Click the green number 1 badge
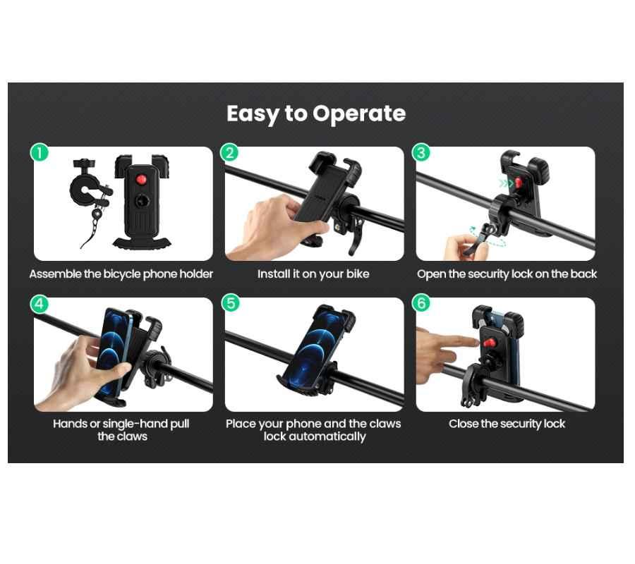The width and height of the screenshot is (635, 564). tap(40, 153)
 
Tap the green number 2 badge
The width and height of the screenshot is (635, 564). tap(229, 152)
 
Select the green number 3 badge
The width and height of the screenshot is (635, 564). tap(421, 152)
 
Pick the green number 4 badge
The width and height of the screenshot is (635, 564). tap(40, 303)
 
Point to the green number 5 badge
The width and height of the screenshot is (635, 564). tap(231, 303)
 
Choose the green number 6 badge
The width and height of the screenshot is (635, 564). tap(421, 303)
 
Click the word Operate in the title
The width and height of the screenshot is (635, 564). tap(359, 114)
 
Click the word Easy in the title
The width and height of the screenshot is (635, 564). tap(253, 114)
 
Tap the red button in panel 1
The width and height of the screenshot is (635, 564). tap(141, 179)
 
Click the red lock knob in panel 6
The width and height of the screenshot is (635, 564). tap(490, 343)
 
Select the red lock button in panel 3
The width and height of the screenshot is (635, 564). tap(518, 183)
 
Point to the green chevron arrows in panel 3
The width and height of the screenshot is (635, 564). tap(506, 184)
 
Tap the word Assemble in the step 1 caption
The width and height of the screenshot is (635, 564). tap(56, 274)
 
